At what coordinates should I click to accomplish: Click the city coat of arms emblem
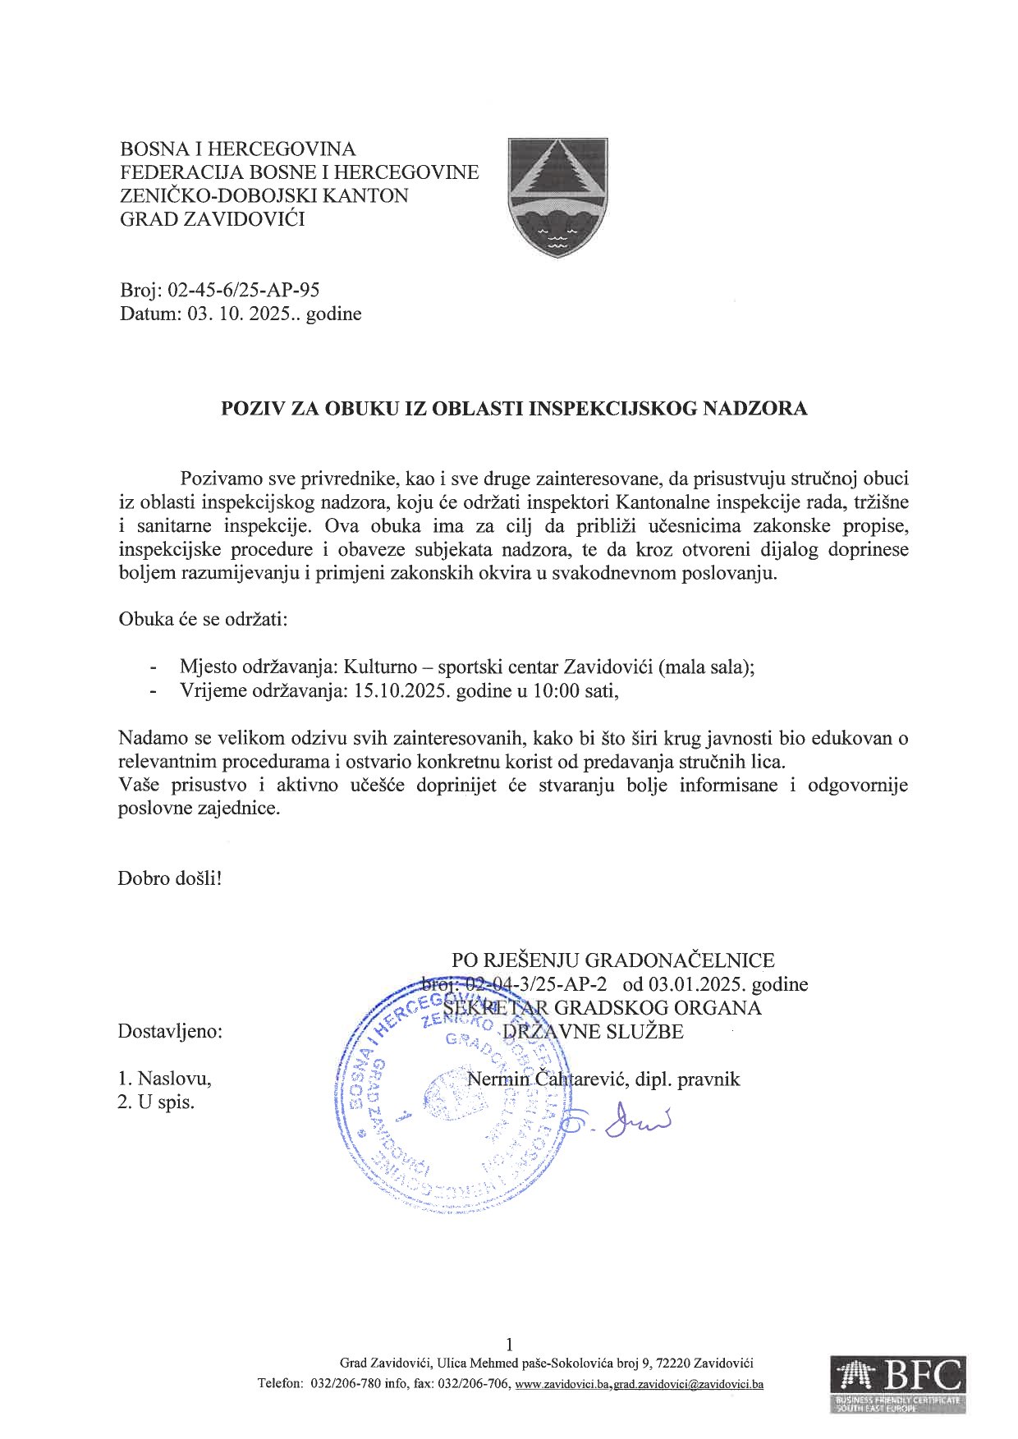(x=557, y=196)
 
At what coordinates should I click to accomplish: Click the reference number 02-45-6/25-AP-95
(x=244, y=290)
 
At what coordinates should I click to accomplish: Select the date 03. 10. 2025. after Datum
(x=243, y=314)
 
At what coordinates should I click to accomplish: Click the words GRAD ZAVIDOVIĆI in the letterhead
(x=213, y=219)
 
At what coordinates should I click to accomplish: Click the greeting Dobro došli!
(x=170, y=878)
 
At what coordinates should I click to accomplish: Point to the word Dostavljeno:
(x=170, y=1031)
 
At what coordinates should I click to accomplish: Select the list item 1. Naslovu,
(x=164, y=1078)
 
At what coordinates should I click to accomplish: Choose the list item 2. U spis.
(x=156, y=1102)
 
